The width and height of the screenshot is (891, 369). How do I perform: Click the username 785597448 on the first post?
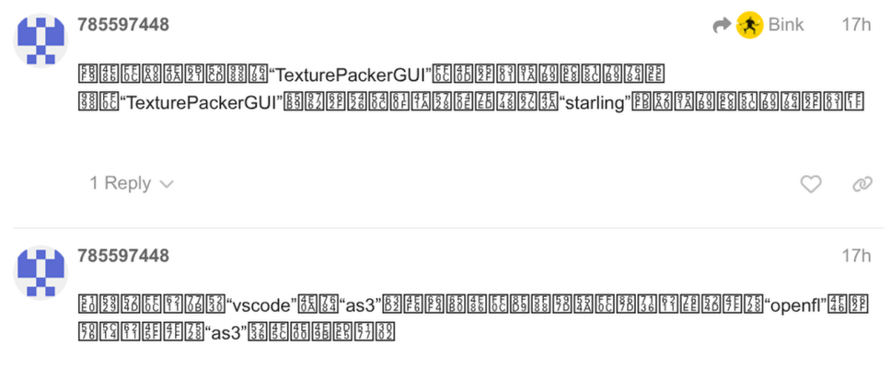click(x=123, y=25)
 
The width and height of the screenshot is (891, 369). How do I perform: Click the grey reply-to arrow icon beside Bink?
click(x=722, y=26)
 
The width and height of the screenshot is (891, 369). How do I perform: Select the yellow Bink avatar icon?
click(x=749, y=26)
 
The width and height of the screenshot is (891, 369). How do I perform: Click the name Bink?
click(x=785, y=25)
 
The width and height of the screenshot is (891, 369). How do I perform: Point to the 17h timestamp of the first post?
click(x=855, y=25)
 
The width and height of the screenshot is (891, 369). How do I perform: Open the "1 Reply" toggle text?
click(x=120, y=183)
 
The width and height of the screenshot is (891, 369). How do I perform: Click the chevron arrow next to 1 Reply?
click(x=167, y=184)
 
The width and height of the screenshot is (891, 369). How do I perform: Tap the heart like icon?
click(x=810, y=184)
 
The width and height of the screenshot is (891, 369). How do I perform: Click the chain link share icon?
click(x=862, y=184)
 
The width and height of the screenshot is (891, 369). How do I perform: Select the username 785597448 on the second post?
click(x=123, y=255)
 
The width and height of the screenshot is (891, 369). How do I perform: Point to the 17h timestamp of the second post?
click(x=855, y=255)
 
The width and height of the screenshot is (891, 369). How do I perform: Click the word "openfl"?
click(x=793, y=305)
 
